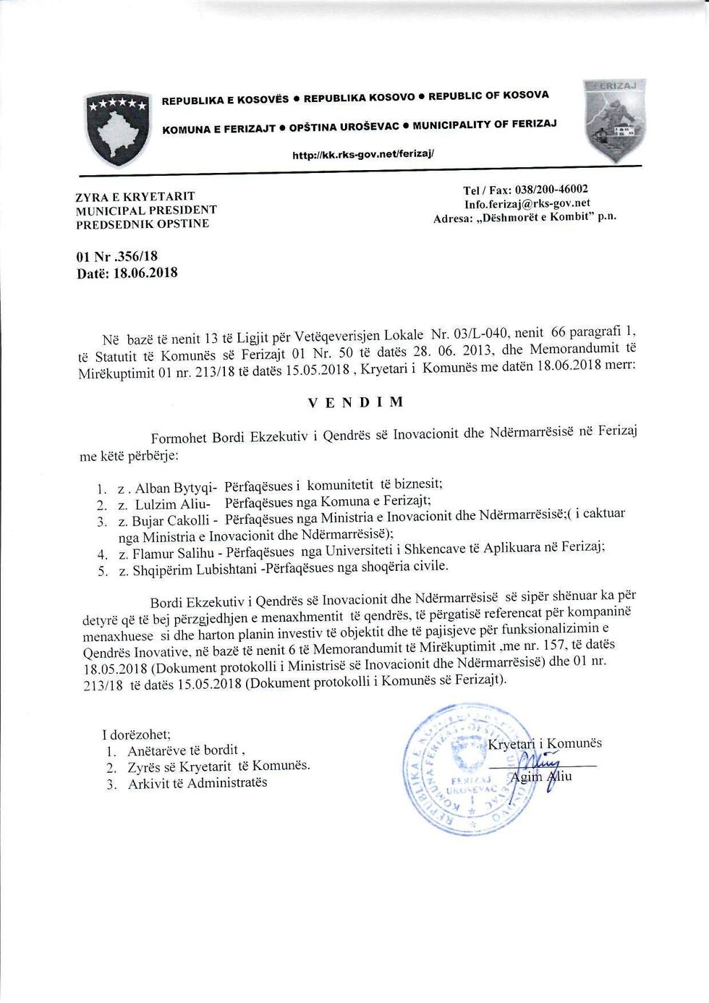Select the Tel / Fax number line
click(525, 190)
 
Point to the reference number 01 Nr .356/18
click(116, 256)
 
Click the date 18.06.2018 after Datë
click(145, 273)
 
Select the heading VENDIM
click(355, 402)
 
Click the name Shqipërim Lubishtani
click(195, 570)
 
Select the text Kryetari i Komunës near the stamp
click(545, 744)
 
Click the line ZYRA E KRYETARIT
click(135, 196)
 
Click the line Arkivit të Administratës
click(198, 783)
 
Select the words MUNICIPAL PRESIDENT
click(146, 210)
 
